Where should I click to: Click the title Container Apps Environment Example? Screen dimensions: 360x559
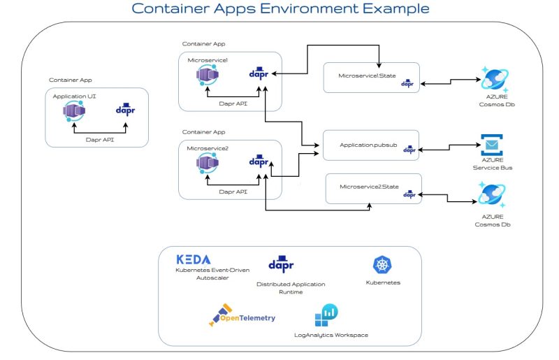coord(280,9)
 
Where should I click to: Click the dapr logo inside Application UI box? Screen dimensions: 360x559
coord(126,111)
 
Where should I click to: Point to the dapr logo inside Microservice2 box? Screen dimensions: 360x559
coord(259,161)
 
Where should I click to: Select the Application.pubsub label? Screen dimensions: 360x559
coord(368,144)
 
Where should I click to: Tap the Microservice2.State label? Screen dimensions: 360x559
coord(368,187)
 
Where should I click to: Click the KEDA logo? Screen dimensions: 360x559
coord(193,259)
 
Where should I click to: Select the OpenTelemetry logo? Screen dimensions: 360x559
coord(242,317)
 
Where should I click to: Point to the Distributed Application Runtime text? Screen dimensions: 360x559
coord(280,288)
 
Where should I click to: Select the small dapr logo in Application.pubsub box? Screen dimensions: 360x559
coord(409,149)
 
